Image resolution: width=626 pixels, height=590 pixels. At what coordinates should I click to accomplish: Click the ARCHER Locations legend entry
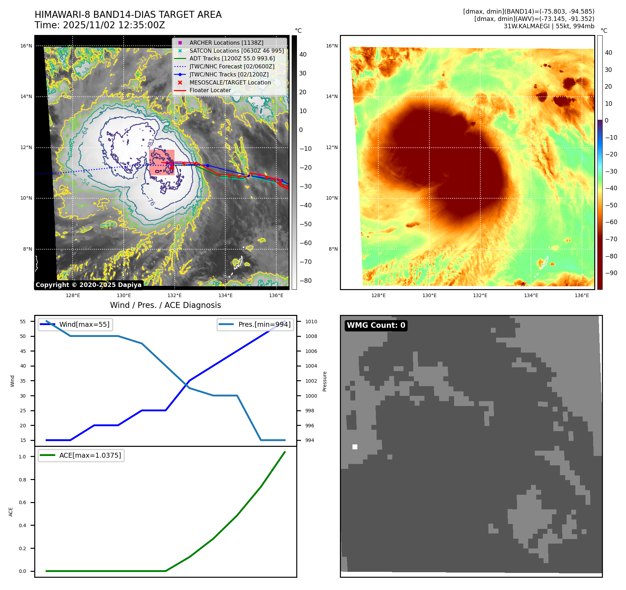(x=226, y=43)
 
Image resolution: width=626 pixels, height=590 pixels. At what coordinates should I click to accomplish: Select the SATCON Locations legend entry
(x=236, y=51)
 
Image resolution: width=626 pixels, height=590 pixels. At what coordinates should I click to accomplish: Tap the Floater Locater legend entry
(x=210, y=90)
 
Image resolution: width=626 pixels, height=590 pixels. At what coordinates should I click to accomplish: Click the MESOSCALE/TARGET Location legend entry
(x=230, y=82)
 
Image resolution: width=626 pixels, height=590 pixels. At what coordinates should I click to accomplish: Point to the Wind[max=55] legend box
(x=75, y=324)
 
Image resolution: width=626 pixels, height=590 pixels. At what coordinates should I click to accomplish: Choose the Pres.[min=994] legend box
(x=255, y=324)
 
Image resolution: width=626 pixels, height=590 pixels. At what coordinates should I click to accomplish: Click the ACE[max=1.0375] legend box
(x=81, y=455)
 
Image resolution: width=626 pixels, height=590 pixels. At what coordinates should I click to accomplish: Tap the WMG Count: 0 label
(x=376, y=325)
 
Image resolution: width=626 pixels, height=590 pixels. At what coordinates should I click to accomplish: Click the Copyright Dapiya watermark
(x=88, y=285)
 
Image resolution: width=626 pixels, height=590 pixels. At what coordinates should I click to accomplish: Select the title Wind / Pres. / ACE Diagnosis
(x=165, y=305)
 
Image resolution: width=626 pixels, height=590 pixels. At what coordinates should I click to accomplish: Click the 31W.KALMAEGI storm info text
(x=549, y=26)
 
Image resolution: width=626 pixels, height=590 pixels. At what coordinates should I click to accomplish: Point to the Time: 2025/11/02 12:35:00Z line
(x=100, y=25)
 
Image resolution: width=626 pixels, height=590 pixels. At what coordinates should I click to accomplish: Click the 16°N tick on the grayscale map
(x=26, y=46)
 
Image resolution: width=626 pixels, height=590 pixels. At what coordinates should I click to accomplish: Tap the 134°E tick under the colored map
(x=531, y=295)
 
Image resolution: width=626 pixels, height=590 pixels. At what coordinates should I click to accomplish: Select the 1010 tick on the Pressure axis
(x=311, y=322)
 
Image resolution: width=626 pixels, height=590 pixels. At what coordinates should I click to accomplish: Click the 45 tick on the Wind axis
(x=23, y=351)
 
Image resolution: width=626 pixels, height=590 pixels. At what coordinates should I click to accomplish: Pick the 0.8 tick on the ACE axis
(x=22, y=480)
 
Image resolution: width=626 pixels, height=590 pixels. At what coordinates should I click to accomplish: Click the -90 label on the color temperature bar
(x=611, y=273)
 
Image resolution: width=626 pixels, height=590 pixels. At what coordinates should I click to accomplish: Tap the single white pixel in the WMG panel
(x=355, y=447)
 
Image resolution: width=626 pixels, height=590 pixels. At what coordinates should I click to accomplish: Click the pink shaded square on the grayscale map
(x=162, y=162)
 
